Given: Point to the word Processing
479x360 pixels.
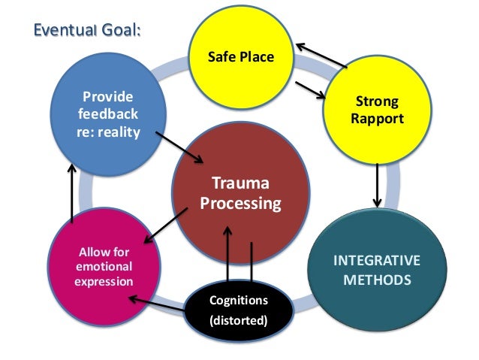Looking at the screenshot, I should click(x=240, y=203).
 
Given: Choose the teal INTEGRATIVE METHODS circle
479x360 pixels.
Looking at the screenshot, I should click(x=376, y=271).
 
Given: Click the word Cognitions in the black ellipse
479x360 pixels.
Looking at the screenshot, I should click(x=239, y=301).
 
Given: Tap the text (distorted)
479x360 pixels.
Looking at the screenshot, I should click(x=239, y=322).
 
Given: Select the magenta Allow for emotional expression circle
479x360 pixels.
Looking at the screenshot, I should click(x=102, y=267).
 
